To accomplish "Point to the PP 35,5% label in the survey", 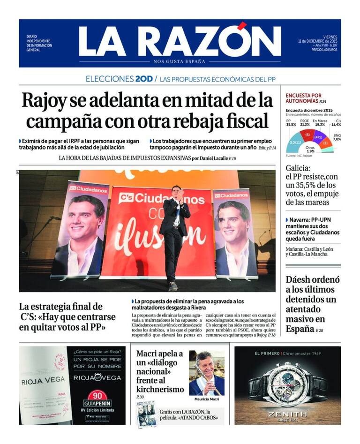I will (x=291, y=123).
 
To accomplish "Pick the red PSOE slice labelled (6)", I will (x=307, y=135).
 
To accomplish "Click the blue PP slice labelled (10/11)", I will (x=295, y=142).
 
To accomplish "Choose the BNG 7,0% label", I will (x=337, y=137).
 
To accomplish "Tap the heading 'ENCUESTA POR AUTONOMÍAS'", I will (x=304, y=98).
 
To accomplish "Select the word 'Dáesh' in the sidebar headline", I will (x=300, y=280).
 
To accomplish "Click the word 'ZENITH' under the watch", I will (x=288, y=414).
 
